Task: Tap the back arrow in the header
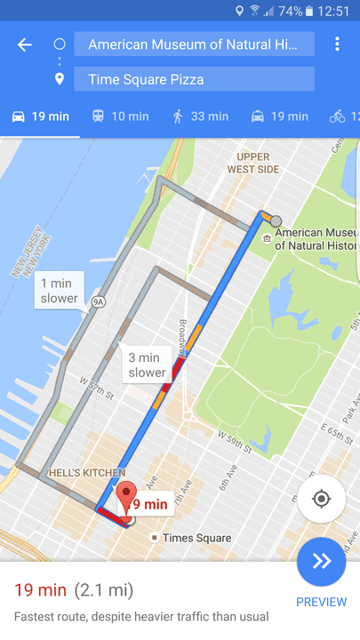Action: pos(24,44)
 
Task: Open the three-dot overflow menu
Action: pos(337,44)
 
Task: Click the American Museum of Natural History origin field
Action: pos(194,44)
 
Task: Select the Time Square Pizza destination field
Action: pos(194,79)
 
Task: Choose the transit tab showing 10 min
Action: pos(120,116)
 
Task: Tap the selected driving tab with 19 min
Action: pos(40,116)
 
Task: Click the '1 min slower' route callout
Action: pos(60,291)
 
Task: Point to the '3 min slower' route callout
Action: pos(147,364)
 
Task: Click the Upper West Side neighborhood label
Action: pos(252,164)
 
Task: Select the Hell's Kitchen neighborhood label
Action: pos(86,473)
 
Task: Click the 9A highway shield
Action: pos(99,301)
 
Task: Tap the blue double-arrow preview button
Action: pos(321,562)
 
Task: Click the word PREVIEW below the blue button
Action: pos(321,602)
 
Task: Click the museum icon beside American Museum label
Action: pos(266,238)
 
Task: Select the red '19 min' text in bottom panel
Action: pos(40,589)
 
